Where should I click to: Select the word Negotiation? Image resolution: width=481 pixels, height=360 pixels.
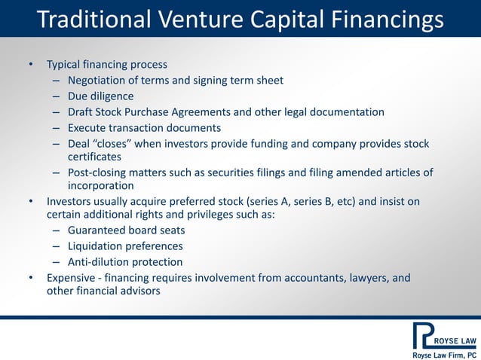point(100,81)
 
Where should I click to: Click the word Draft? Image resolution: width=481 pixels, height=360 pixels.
point(81,112)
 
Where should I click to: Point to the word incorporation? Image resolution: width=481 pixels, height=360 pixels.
point(101,185)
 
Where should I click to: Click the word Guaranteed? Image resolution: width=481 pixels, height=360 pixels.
point(98,230)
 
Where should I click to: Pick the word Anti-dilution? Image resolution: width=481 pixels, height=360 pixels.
point(97,262)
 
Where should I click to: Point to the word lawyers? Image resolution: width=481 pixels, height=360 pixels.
point(369,278)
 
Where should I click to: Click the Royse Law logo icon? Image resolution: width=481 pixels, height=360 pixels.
point(424,334)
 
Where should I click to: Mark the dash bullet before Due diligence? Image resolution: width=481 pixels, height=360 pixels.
point(57,96)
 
